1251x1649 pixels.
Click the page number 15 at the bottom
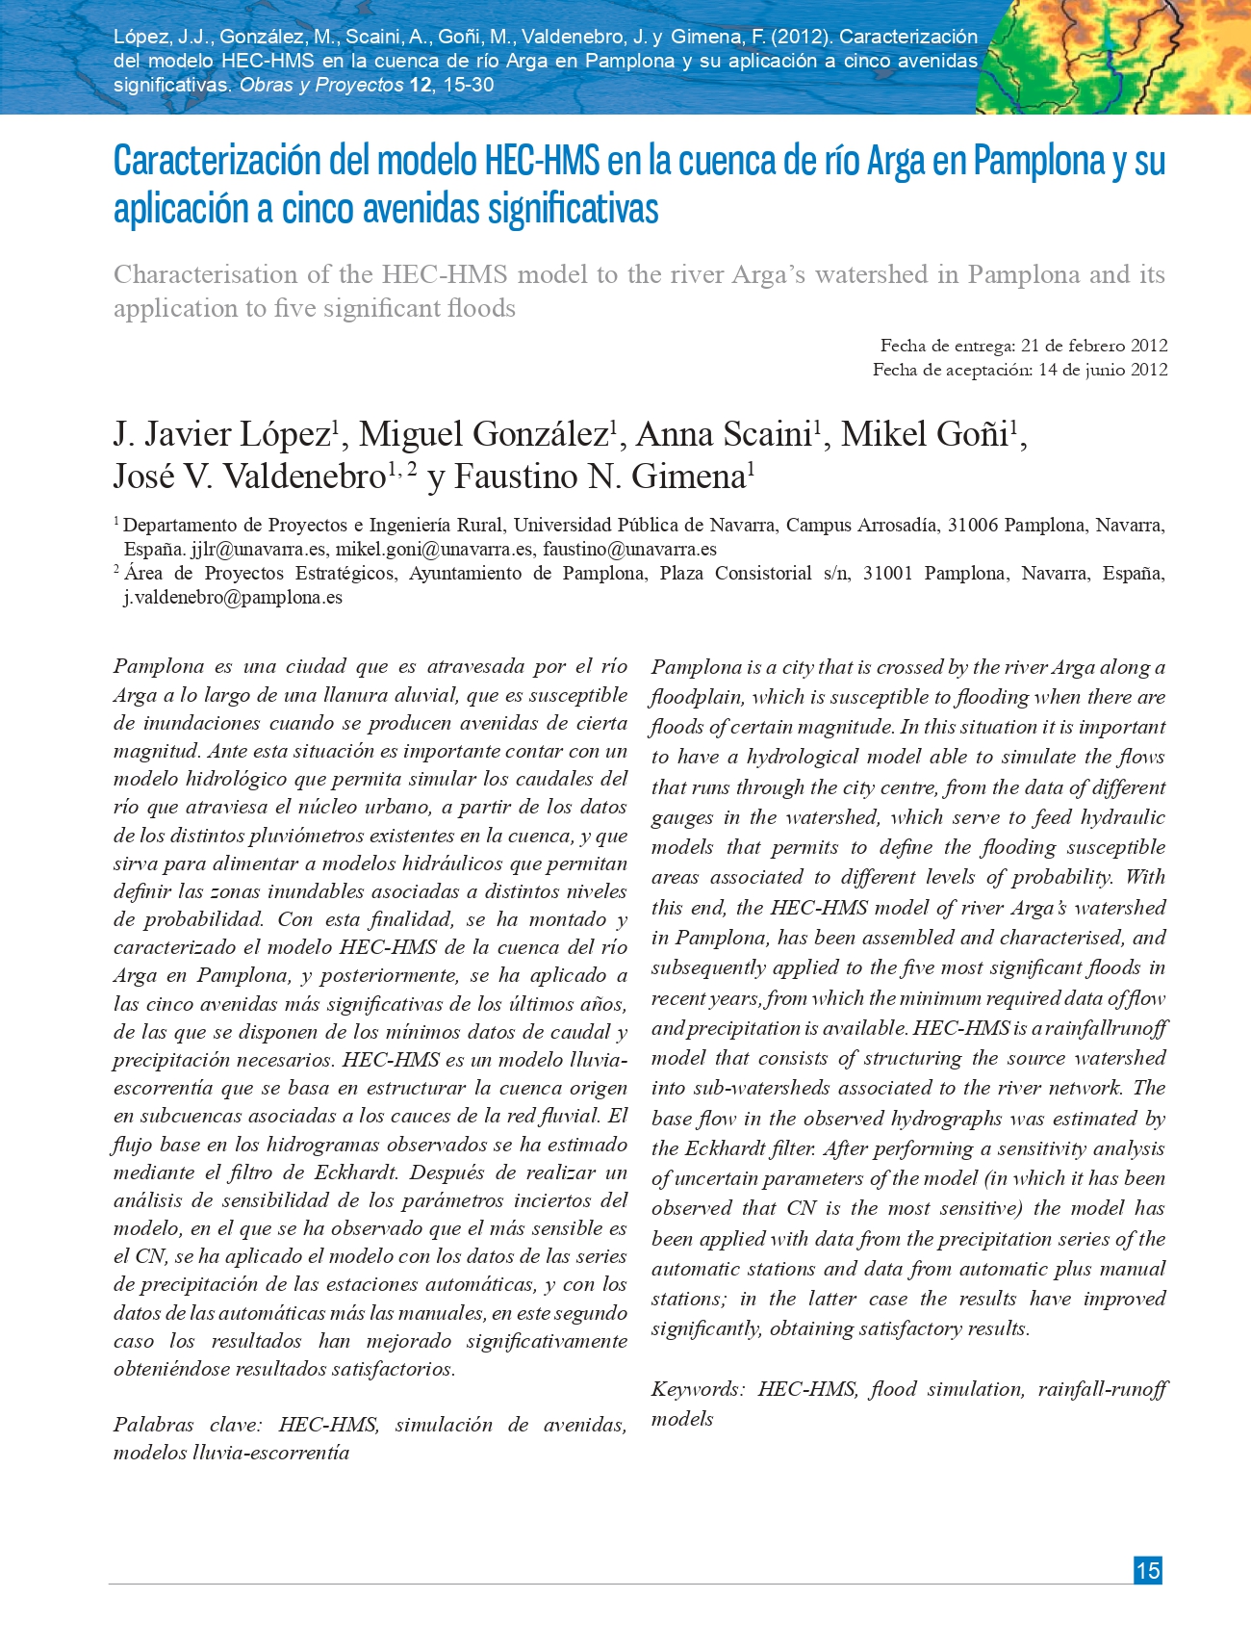(1147, 1570)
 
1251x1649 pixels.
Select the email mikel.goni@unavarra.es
(434, 550)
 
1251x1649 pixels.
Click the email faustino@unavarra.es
(629, 550)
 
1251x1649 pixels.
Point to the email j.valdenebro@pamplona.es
(233, 598)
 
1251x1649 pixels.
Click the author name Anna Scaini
(724, 435)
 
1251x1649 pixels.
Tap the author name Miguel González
(483, 435)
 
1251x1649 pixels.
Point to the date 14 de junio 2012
(1103, 370)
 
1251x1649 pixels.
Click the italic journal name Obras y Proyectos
(321, 85)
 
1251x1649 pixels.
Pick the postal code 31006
(973, 526)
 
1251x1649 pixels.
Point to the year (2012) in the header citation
(804, 37)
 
